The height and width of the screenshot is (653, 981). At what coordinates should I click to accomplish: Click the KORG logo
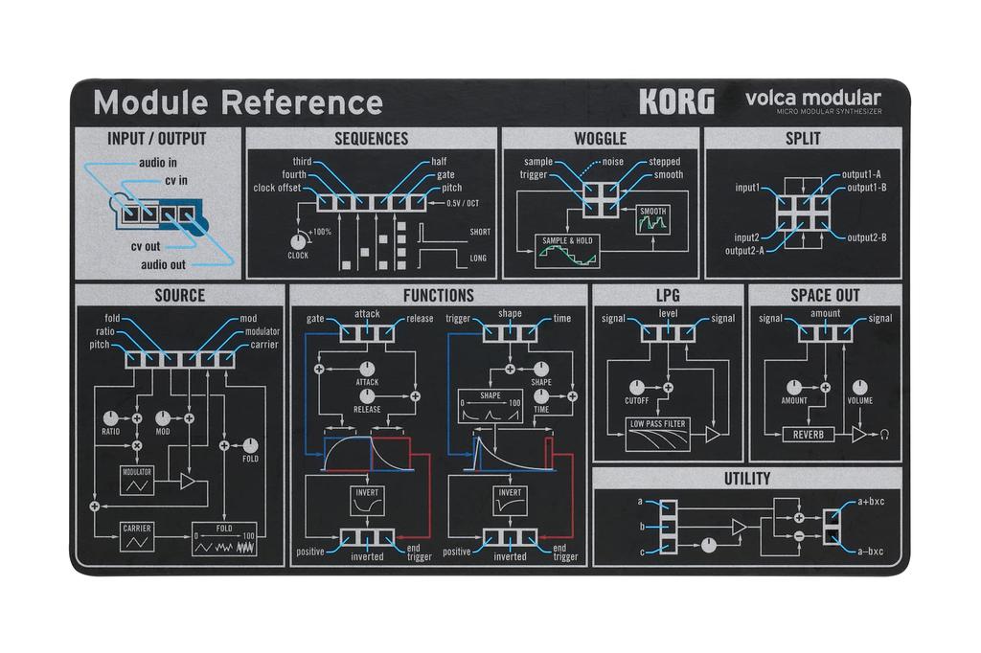click(x=676, y=101)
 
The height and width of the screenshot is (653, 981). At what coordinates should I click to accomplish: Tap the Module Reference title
click(x=238, y=101)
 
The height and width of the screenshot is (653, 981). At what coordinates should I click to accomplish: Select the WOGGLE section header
click(x=600, y=139)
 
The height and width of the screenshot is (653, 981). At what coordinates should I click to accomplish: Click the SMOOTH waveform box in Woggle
click(x=652, y=220)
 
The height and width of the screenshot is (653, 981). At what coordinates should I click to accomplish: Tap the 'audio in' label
click(x=157, y=163)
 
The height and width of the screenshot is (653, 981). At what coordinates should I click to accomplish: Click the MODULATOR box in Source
click(x=137, y=480)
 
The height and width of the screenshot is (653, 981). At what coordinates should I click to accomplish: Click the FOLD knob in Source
click(x=250, y=445)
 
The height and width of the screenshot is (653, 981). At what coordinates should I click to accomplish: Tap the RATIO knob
click(x=111, y=418)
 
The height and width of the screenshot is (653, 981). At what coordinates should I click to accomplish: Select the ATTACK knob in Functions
click(x=367, y=369)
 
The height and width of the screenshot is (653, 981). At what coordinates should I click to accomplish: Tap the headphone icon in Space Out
click(x=884, y=435)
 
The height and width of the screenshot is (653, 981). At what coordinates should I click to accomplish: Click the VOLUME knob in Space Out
click(x=859, y=387)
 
